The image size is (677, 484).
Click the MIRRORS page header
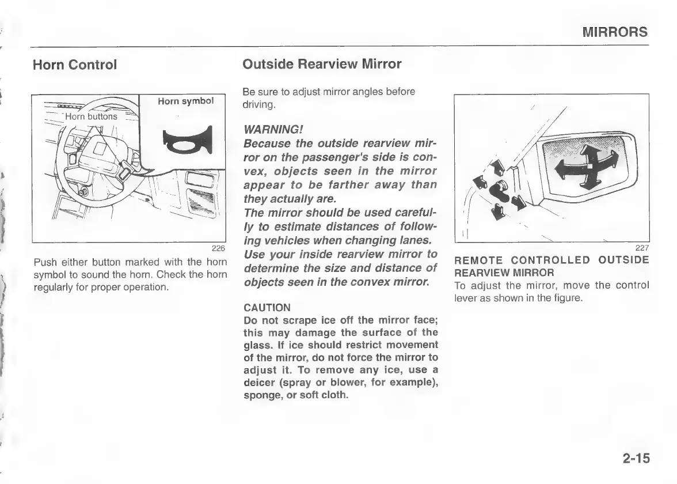614,32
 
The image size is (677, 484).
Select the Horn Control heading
75,65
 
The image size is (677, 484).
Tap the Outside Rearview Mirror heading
322,64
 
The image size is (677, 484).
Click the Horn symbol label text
186,101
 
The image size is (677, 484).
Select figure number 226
218,249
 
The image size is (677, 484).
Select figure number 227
641,248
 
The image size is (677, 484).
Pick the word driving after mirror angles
259,105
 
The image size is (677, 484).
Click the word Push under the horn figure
44,263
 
